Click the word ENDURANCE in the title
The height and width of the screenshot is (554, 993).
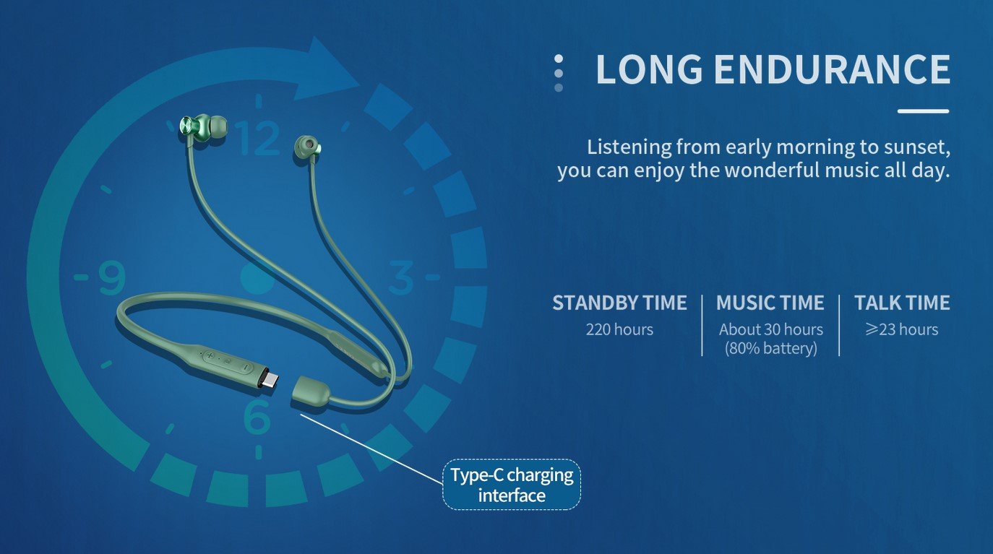[832, 69]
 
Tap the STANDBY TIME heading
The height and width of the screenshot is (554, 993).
[619, 303]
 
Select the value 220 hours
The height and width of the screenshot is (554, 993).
[619, 330]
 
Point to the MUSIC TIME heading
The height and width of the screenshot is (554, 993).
[770, 303]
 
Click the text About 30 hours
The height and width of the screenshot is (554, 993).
[771, 330]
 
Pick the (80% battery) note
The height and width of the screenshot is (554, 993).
[771, 348]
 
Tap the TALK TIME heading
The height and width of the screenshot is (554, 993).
[902, 303]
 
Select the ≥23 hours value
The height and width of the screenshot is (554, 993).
[902, 330]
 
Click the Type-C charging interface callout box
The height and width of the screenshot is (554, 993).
[512, 485]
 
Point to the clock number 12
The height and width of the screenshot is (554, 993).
[257, 138]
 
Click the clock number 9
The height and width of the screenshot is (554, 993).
[112, 278]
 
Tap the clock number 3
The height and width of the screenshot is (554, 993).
[401, 277]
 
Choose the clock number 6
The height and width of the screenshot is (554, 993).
[257, 416]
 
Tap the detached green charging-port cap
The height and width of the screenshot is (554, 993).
[311, 391]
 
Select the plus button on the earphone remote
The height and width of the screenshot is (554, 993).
[210, 355]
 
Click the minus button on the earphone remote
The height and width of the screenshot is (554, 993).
[245, 366]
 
